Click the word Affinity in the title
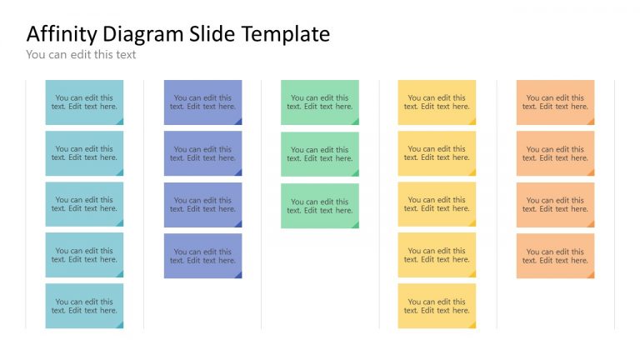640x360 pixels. tap(62, 34)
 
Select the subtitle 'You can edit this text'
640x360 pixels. tap(81, 55)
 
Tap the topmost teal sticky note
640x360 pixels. tap(84, 102)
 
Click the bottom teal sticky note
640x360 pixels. tap(84, 306)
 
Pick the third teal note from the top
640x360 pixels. tap(84, 204)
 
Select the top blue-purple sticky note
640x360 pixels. tap(202, 102)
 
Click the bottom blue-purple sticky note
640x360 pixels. tap(202, 256)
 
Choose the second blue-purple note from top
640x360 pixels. tap(202, 153)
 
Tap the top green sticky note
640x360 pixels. tap(320, 102)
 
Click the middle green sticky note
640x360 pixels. tap(320, 154)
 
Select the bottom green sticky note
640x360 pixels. tap(320, 206)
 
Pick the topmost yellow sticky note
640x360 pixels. tap(437, 102)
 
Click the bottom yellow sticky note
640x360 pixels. tap(437, 306)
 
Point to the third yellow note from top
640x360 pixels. tap(437, 204)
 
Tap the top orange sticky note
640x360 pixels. tap(555, 102)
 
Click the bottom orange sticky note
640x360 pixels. tap(555, 256)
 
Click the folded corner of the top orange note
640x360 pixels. tap(591, 122)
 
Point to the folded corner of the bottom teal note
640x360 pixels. tap(120, 325)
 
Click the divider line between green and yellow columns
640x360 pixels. tap(379, 204)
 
